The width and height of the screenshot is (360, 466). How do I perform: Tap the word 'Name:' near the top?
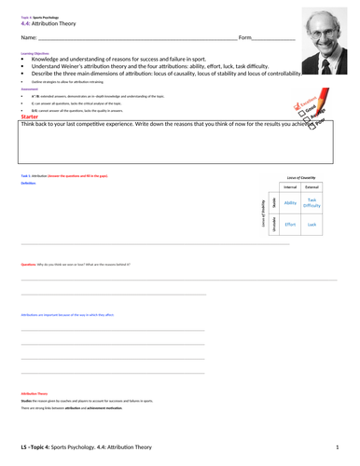pos(28,37)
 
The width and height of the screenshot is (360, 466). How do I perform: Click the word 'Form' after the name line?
pos(245,37)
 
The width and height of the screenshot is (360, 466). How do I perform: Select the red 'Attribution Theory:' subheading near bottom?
pos(34,394)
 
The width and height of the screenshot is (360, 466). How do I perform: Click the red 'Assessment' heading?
pos(30,90)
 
